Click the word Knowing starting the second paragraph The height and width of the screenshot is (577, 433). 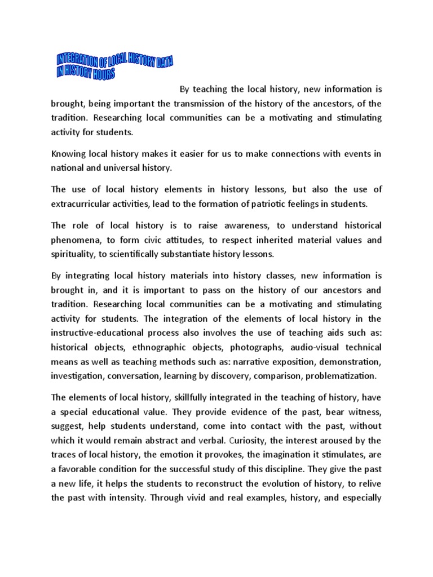tap(70, 154)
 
